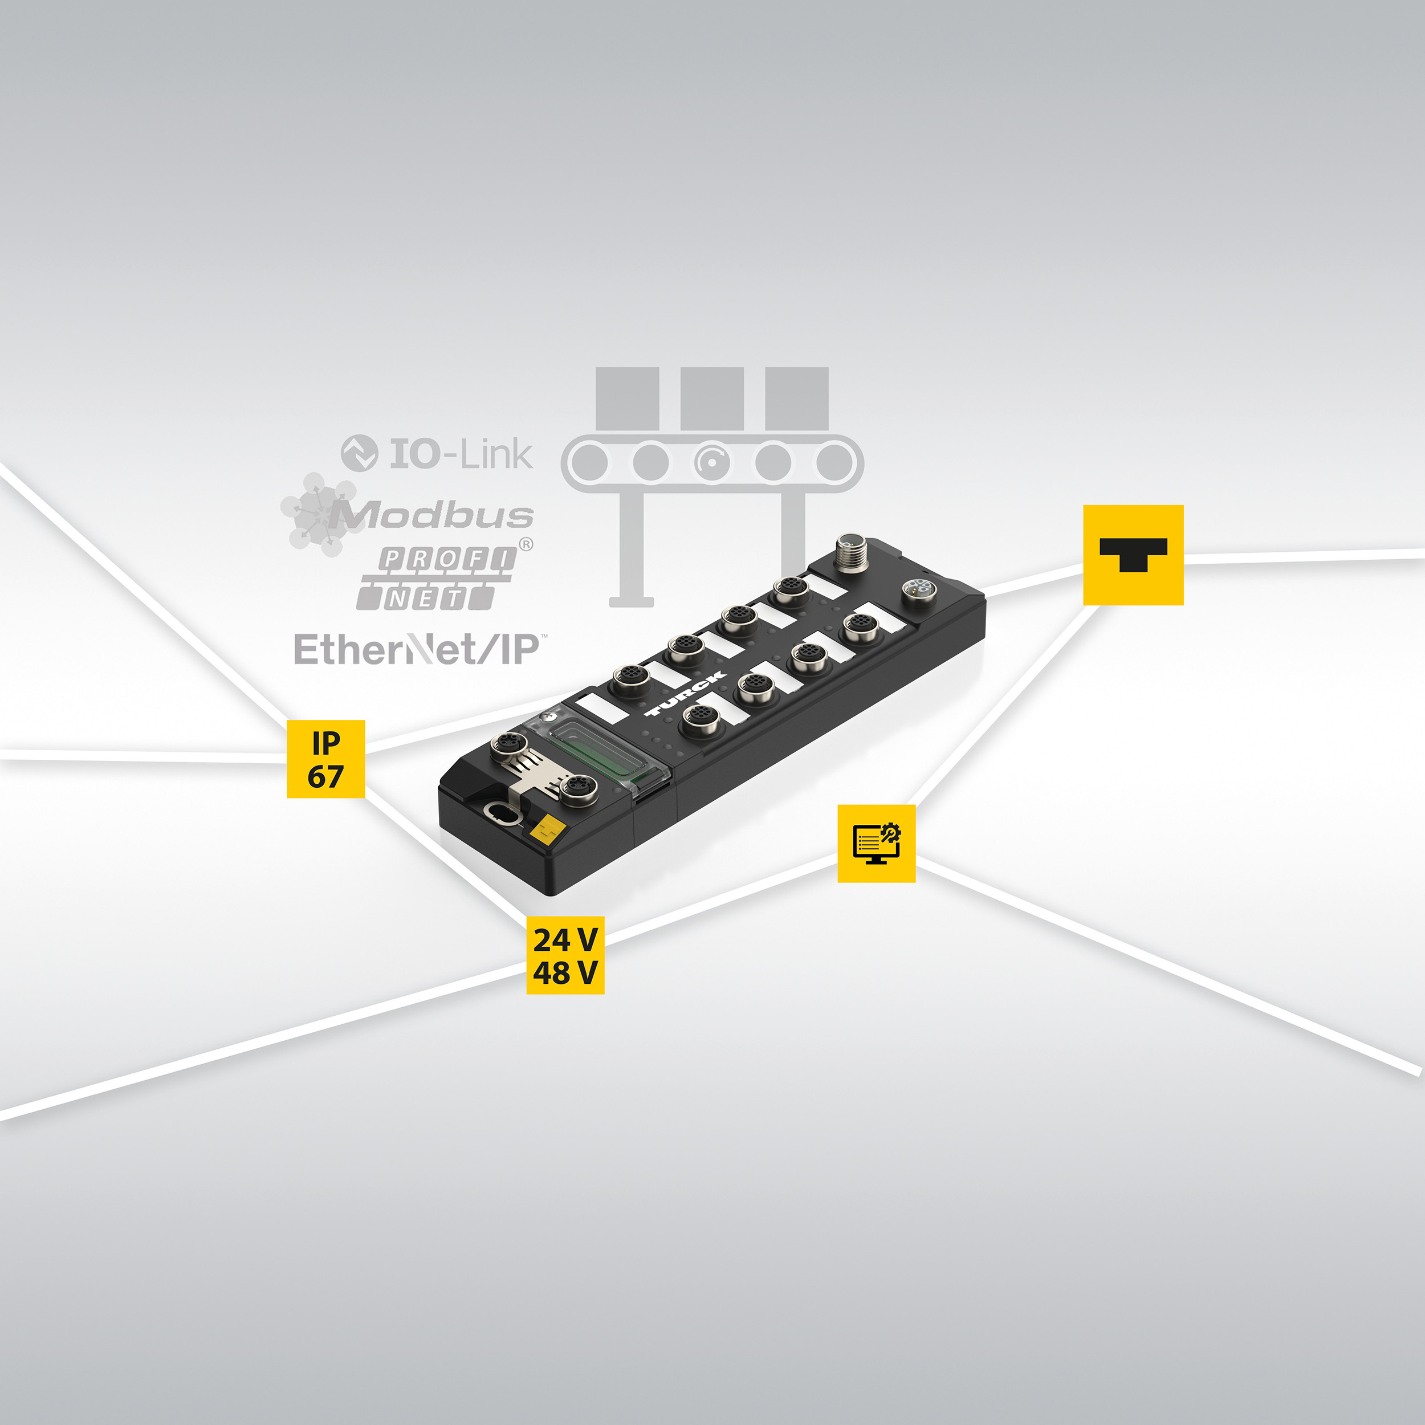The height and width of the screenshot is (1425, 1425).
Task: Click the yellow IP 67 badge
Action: [325, 758]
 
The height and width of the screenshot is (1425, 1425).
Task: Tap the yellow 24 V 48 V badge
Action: [565, 955]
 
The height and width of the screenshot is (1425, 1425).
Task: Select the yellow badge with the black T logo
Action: [1133, 555]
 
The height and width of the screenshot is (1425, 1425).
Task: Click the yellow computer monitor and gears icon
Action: [876, 843]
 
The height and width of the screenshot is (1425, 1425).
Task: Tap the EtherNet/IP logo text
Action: [417, 650]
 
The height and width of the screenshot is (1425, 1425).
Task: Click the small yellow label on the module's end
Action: [547, 831]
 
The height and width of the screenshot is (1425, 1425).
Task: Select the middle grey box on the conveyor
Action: [712, 398]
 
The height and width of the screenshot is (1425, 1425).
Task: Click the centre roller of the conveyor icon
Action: [712, 462]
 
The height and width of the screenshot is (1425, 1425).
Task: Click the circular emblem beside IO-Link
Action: [359, 453]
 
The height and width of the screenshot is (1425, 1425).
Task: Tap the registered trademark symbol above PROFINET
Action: [526, 545]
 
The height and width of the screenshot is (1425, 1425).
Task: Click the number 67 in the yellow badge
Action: [325, 777]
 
